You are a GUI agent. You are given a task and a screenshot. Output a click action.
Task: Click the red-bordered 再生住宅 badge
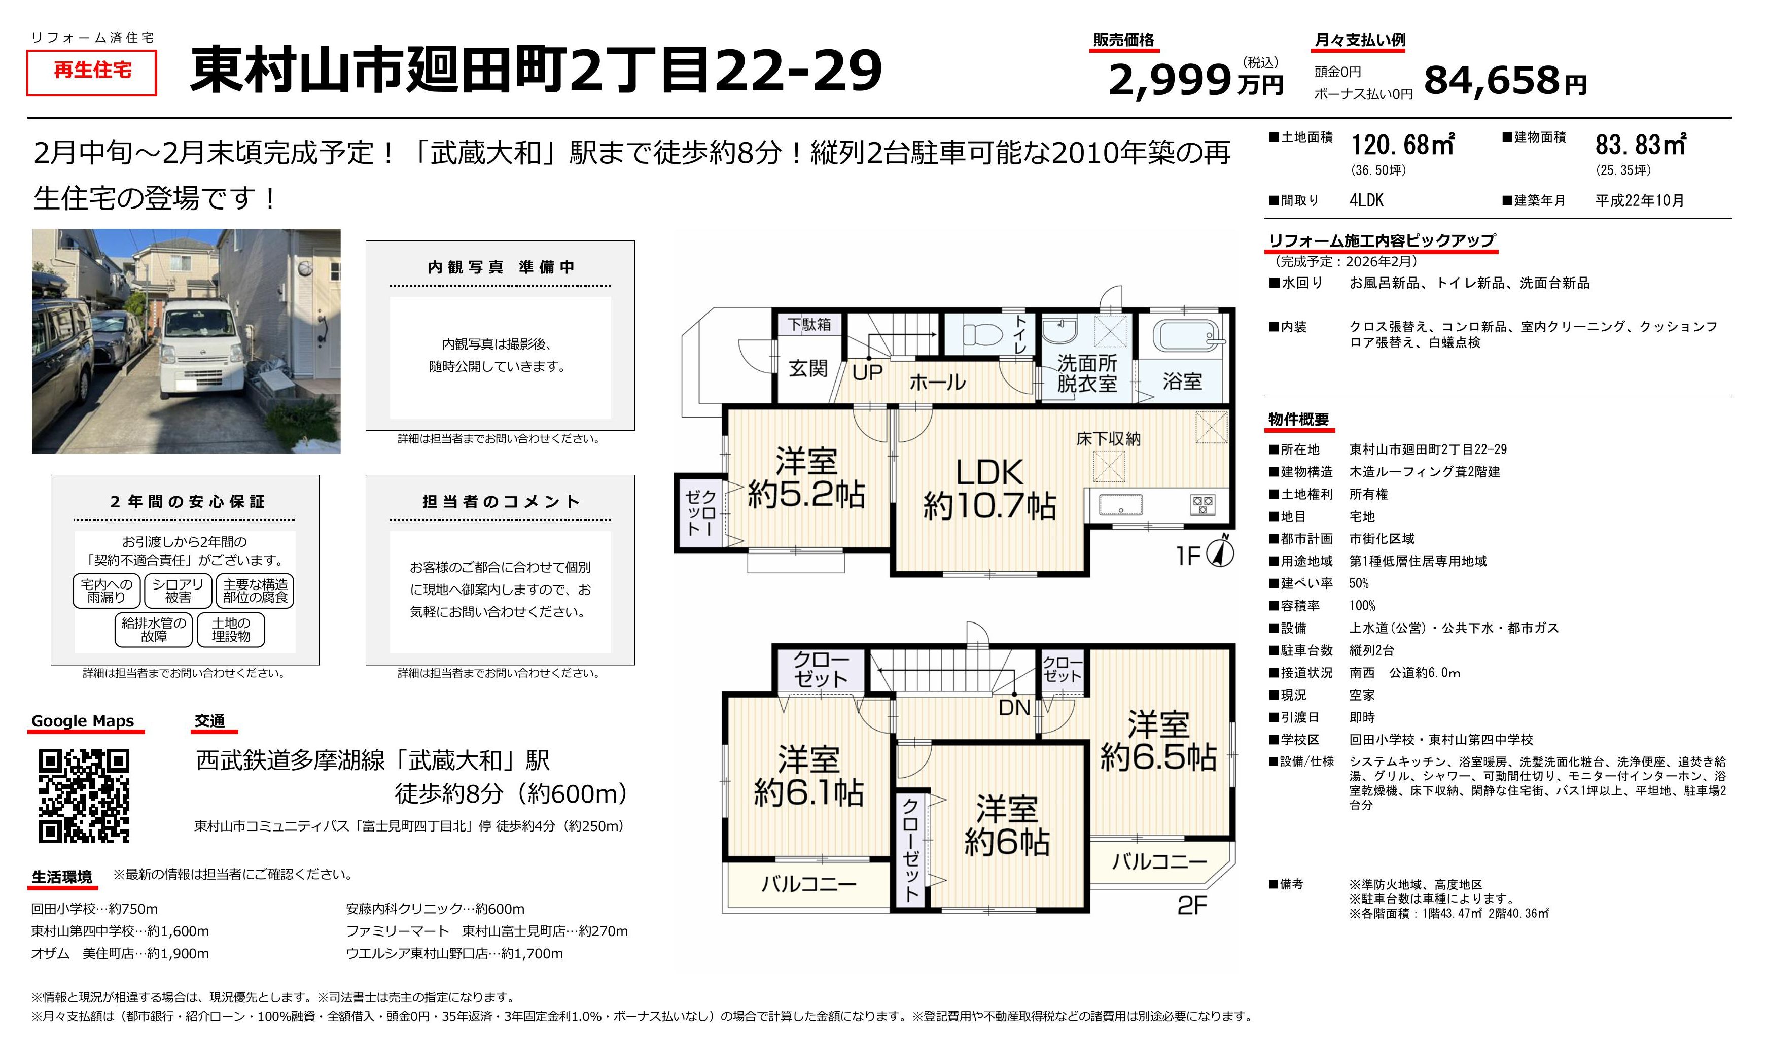click(x=92, y=73)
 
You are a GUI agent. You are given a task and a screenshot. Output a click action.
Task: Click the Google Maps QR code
click(x=84, y=796)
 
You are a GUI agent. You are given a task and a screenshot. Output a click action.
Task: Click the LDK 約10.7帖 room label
click(x=990, y=489)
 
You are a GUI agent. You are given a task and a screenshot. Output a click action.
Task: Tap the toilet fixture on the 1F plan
click(x=985, y=335)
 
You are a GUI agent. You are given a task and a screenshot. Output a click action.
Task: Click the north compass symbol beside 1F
click(x=1220, y=552)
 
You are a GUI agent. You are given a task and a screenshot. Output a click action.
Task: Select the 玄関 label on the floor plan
click(x=808, y=368)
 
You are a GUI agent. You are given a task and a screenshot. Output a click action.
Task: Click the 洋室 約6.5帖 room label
click(x=1158, y=741)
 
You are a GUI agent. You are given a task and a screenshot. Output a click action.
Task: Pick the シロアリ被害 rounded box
click(x=178, y=591)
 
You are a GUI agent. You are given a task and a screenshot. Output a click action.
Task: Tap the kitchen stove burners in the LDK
click(x=1202, y=505)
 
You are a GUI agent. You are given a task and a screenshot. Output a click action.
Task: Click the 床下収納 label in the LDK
click(x=1109, y=439)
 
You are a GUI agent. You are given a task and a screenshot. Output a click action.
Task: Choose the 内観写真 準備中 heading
click(x=501, y=267)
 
